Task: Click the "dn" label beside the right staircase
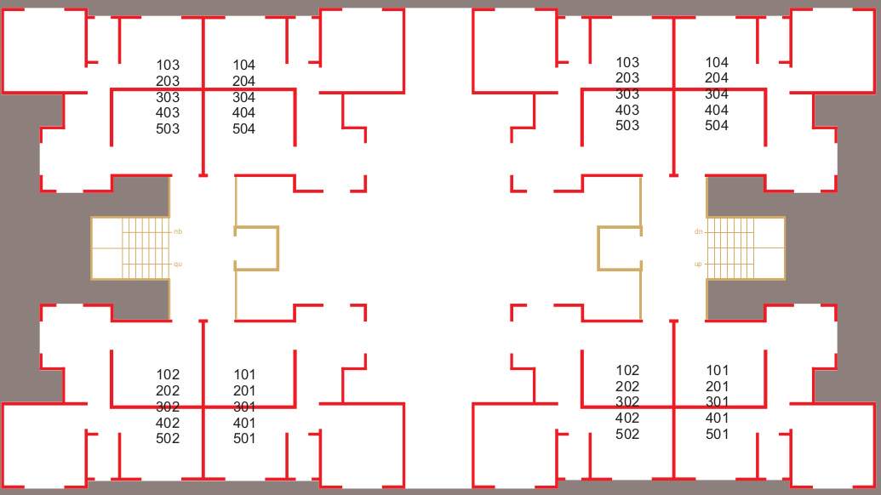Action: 699,231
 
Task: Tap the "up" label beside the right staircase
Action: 699,264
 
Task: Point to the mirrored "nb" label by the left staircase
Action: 178,231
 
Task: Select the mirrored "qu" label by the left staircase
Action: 178,264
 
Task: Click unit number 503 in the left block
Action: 168,128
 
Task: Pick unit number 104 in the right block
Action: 717,62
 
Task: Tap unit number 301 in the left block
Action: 244,407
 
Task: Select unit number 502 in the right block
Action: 627,434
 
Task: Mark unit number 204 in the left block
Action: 243,81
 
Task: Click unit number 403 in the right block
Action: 627,110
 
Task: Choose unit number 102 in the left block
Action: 168,374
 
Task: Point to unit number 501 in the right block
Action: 718,434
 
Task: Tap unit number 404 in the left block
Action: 243,112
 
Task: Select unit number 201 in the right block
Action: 718,386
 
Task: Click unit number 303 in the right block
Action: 627,94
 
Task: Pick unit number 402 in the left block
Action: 168,423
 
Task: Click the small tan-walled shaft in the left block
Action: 256,248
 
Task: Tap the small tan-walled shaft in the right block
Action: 620,248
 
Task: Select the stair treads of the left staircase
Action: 146,248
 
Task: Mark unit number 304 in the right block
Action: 717,94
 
